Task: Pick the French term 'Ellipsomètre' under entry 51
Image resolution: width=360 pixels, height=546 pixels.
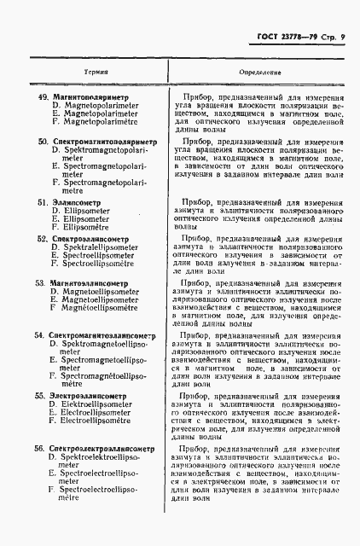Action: (88, 228)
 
